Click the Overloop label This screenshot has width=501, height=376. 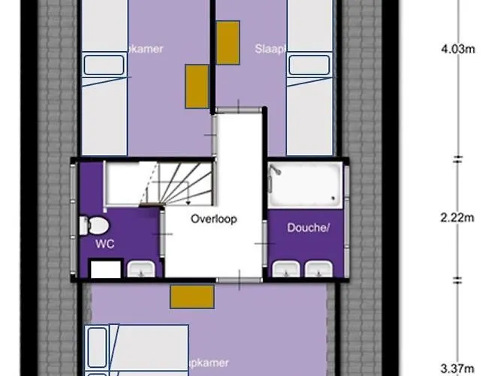point(213,220)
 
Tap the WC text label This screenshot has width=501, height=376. point(104,244)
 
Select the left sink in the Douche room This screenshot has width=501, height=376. point(284,268)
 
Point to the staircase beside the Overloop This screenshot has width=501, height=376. point(161,184)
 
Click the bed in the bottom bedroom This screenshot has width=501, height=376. point(139,350)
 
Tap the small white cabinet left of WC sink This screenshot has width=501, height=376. point(105,268)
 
